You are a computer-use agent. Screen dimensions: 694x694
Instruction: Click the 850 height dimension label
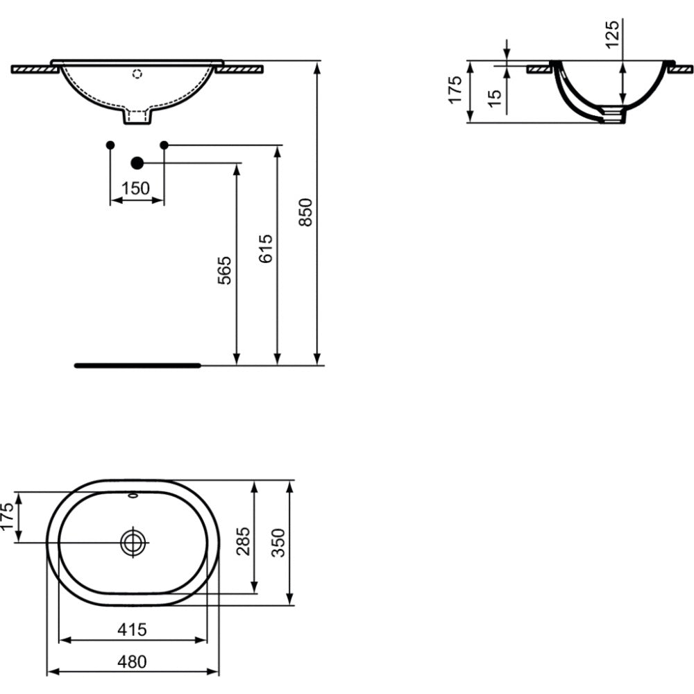[x=305, y=212]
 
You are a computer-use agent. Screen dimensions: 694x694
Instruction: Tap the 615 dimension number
[x=266, y=248]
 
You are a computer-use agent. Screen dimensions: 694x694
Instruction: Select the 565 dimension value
[x=225, y=271]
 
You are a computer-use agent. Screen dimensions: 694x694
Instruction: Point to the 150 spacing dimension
[x=135, y=189]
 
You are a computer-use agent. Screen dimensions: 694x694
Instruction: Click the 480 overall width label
[x=132, y=661]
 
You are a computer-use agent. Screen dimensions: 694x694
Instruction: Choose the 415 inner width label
[x=132, y=629]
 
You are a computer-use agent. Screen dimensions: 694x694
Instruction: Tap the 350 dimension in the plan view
[x=278, y=543]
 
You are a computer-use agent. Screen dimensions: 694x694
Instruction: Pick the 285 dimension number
[x=243, y=541]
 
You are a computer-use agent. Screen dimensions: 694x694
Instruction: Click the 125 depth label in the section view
[x=612, y=34]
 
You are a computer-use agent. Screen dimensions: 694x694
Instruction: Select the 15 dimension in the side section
[x=494, y=98]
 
